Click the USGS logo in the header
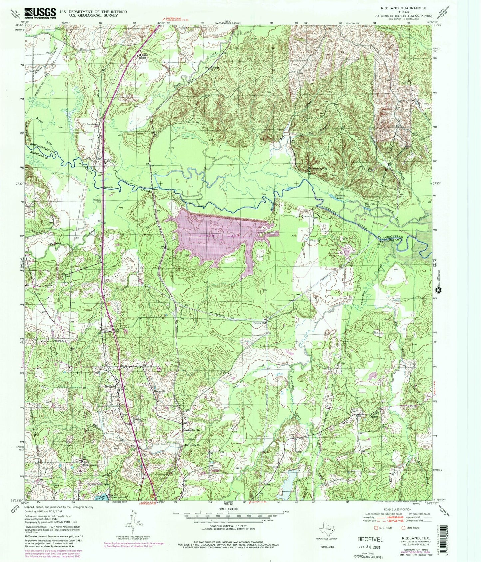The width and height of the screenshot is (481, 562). (x=40, y=13)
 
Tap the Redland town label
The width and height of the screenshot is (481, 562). (x=111, y=386)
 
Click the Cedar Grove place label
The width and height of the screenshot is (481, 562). (x=87, y=465)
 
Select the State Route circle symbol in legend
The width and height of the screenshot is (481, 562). (x=403, y=527)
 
